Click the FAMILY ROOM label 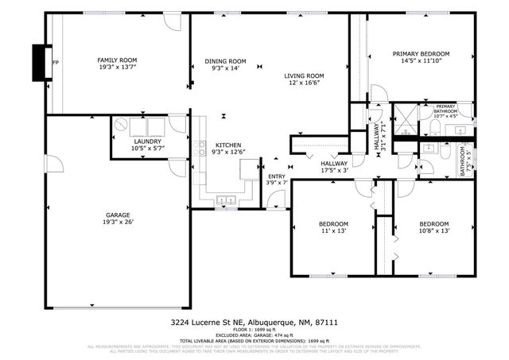click(117, 60)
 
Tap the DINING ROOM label click(226, 61)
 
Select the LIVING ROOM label click(305, 76)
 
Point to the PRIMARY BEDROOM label click(421, 54)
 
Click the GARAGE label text click(118, 215)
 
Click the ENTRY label click(276, 176)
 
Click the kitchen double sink click(226, 199)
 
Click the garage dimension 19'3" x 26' click(118, 223)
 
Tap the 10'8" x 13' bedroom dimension click(434, 231)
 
